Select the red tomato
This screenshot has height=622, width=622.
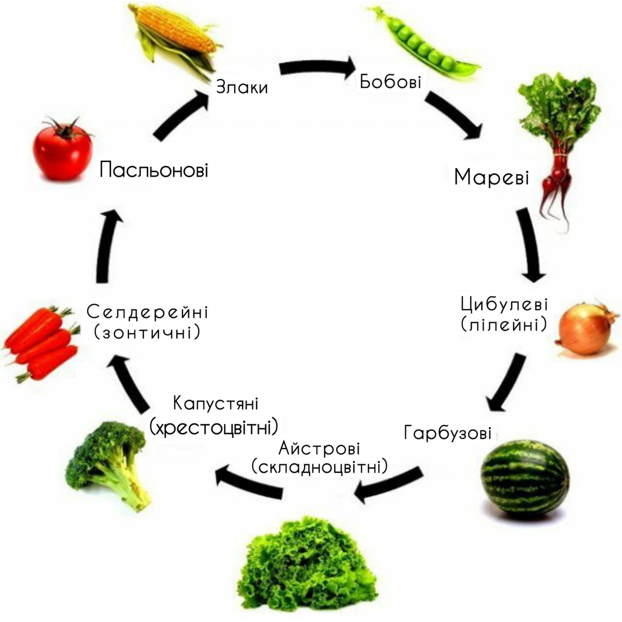click(63, 150)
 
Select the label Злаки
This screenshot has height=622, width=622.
click(242, 87)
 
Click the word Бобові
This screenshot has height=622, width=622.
click(390, 81)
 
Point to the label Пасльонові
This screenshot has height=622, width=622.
click(154, 170)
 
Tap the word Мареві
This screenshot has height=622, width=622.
click(492, 177)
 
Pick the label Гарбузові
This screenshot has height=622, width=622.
click(448, 432)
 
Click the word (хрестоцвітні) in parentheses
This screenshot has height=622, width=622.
click(214, 427)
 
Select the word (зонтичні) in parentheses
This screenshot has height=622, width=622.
click(147, 332)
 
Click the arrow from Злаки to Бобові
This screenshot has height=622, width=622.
click(318, 67)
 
